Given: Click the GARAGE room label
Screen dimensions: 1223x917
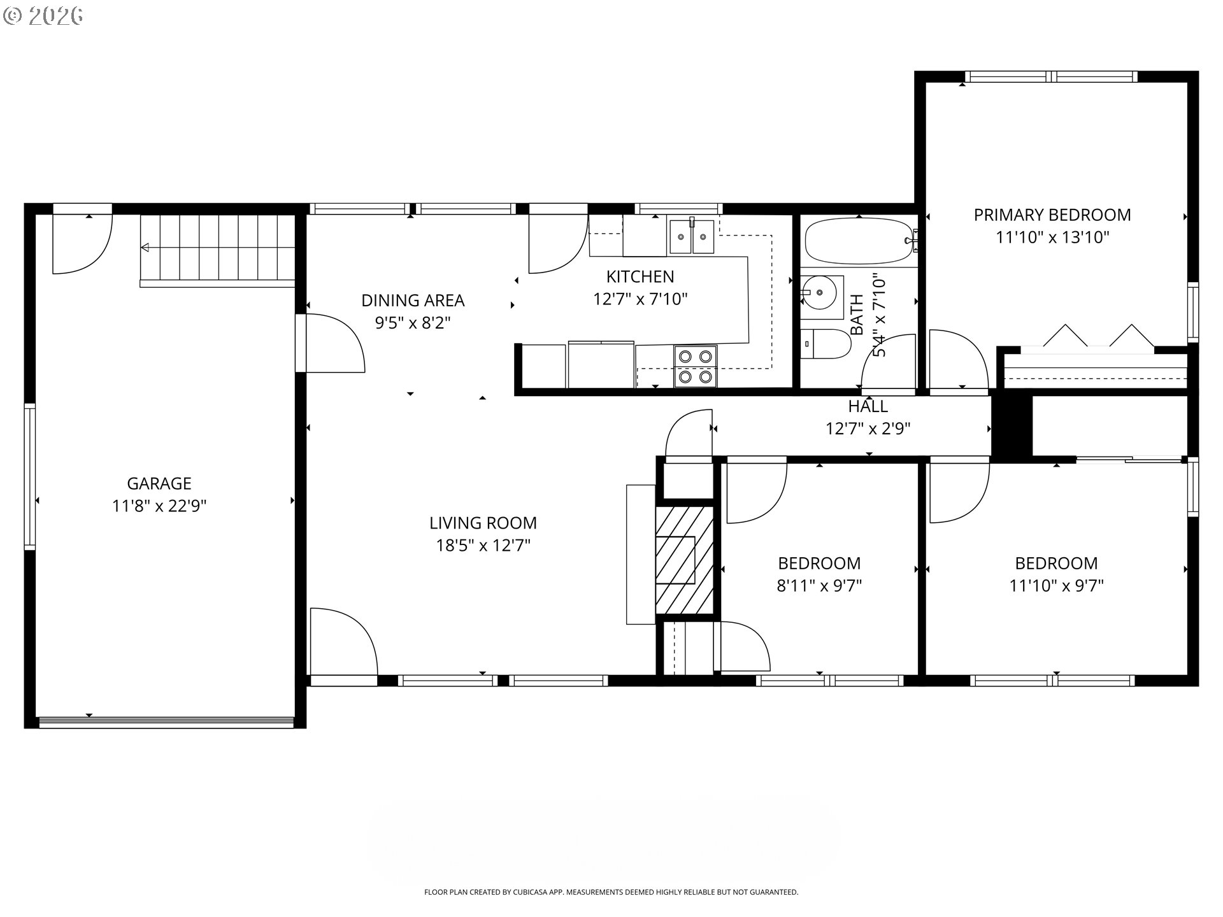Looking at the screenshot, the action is [x=159, y=483].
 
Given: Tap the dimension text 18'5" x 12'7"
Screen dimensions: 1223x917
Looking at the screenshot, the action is [x=483, y=546].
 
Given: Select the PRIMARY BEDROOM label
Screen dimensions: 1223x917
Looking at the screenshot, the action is [x=1052, y=215].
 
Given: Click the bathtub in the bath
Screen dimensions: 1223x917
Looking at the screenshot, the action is [x=859, y=241].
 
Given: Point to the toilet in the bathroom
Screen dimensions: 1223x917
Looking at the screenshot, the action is [x=826, y=345].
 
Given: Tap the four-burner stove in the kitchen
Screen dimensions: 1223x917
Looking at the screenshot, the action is [x=696, y=366].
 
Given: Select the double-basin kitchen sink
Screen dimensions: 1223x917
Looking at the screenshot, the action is [x=692, y=235].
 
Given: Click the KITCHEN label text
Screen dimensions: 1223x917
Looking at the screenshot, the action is [x=640, y=276].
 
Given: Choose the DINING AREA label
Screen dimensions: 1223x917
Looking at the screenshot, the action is [x=413, y=300].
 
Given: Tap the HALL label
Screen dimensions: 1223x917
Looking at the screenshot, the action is [x=868, y=406].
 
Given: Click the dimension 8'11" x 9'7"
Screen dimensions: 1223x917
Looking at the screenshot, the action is [x=819, y=586].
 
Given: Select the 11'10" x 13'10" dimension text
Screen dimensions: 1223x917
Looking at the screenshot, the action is [x=1052, y=238].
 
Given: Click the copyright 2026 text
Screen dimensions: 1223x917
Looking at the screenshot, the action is [x=43, y=15].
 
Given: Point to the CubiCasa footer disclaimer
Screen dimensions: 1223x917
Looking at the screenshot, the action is [x=611, y=892].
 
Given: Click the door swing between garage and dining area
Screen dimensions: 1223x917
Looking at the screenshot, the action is [x=335, y=343].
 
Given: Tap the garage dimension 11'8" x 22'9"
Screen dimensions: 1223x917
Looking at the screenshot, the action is [x=159, y=506].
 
